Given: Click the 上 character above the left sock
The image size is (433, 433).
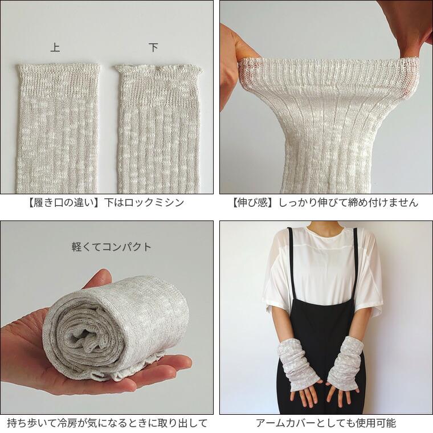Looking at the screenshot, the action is [x=55, y=47].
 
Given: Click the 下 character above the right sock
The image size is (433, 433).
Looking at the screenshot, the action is [x=153, y=47].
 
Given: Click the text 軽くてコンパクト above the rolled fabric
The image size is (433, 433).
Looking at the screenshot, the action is [x=111, y=247].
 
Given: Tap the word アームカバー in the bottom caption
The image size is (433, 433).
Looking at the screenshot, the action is [x=286, y=423].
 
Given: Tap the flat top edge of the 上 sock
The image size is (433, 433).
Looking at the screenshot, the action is [x=59, y=66].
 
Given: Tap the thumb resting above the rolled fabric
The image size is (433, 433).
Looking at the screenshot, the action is [x=97, y=280].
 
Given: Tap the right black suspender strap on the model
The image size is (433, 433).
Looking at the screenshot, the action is [x=355, y=262].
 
